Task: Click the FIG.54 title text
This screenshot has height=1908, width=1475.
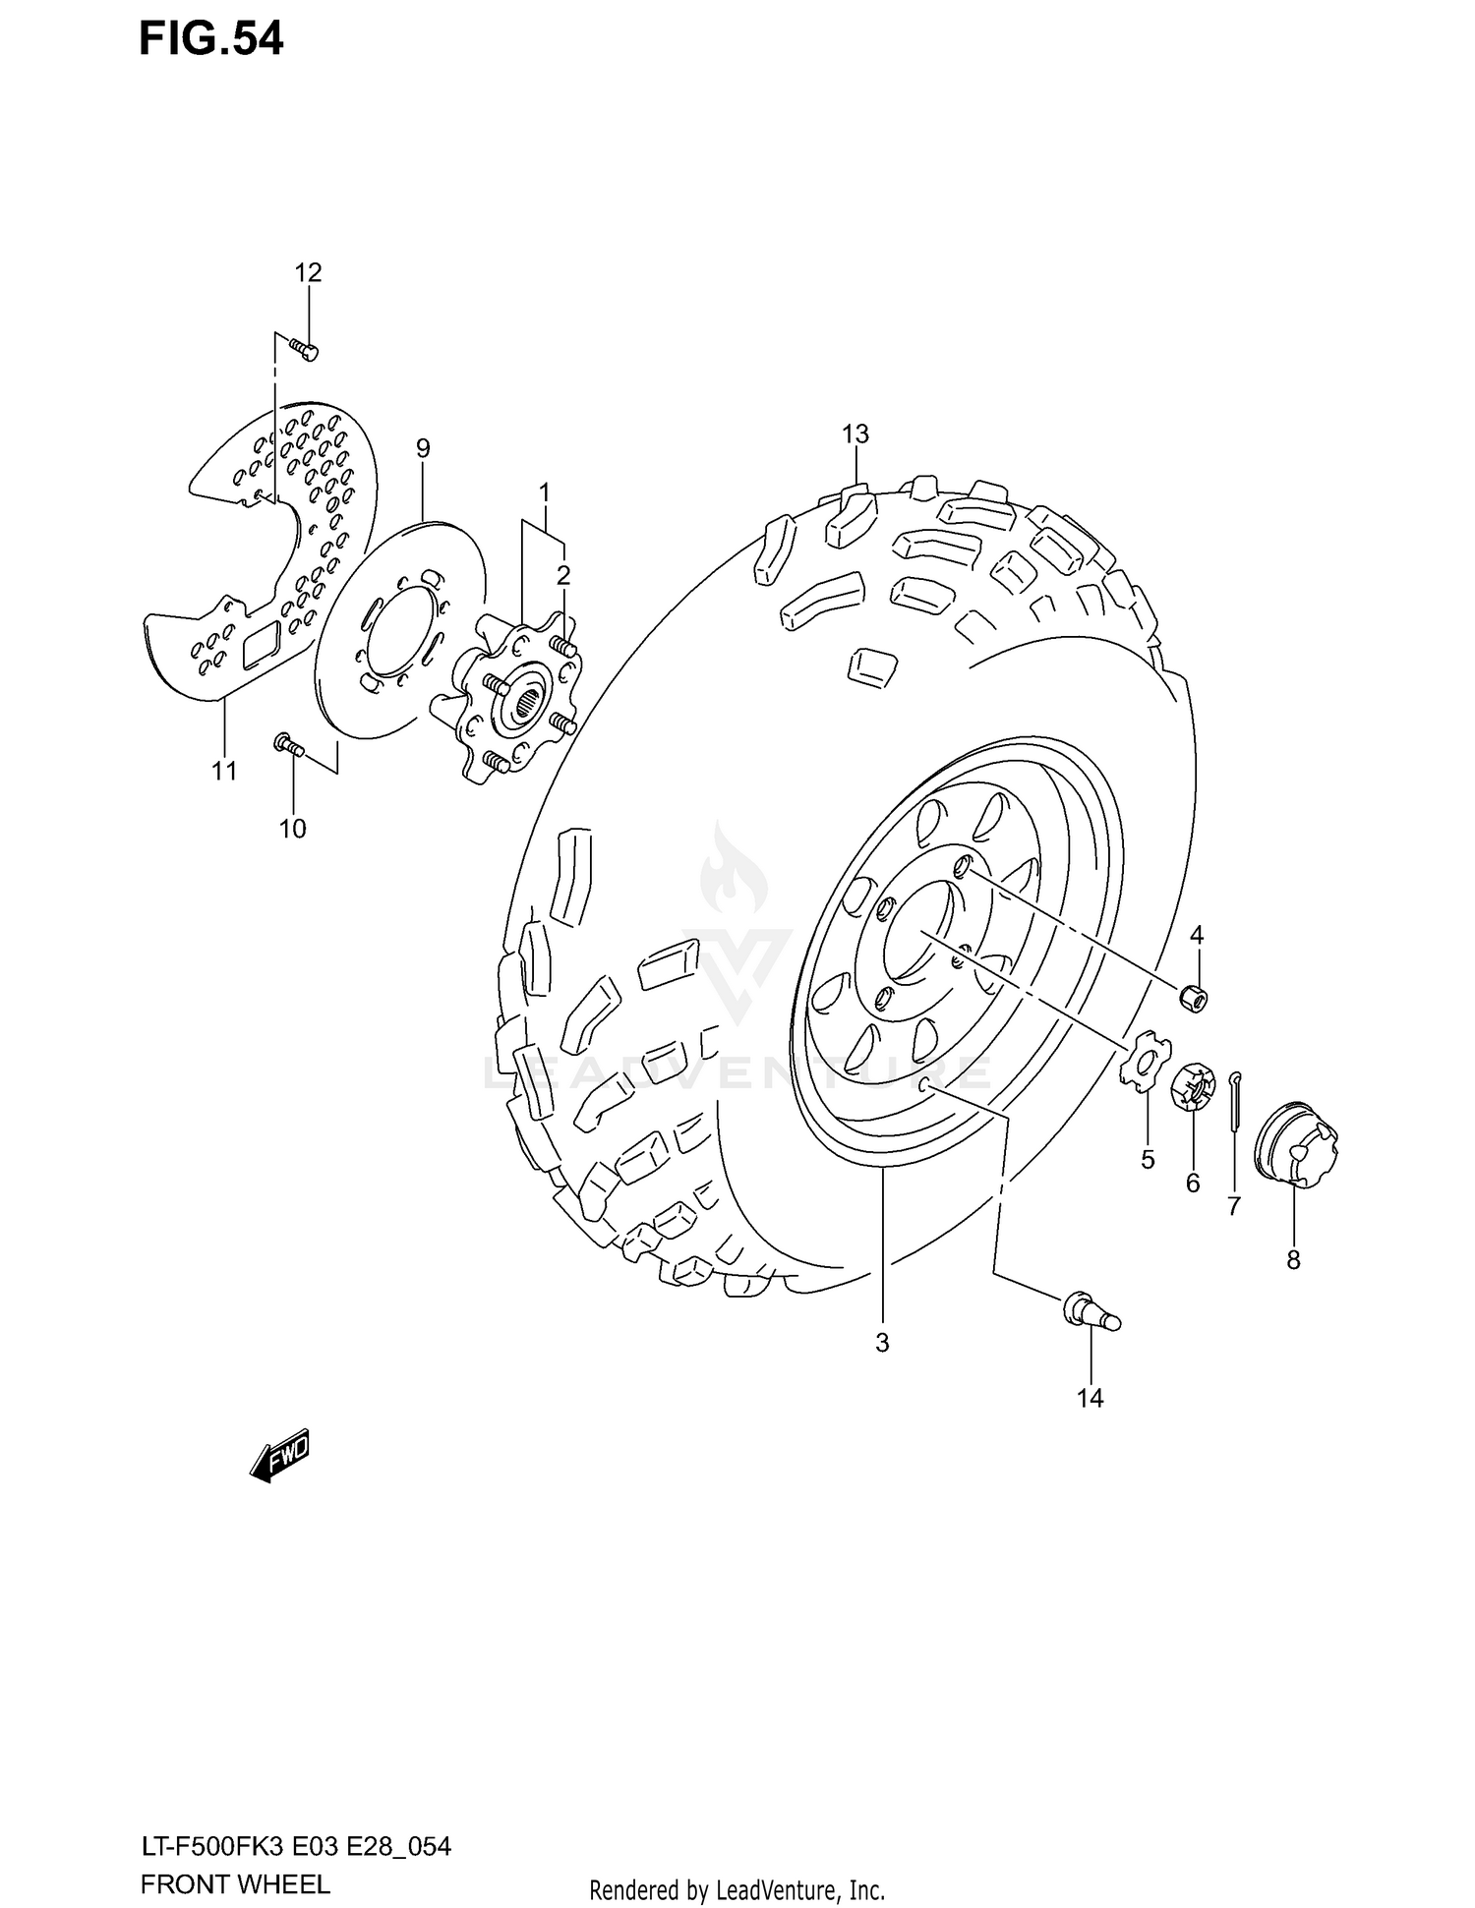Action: (x=210, y=39)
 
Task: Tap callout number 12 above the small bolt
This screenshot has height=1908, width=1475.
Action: (x=308, y=273)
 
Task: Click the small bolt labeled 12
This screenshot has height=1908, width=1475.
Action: (x=305, y=348)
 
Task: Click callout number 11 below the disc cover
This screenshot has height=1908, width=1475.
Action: (x=224, y=771)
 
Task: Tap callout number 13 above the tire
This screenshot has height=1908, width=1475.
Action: (x=855, y=434)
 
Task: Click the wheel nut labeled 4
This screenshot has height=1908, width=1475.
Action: (x=1194, y=998)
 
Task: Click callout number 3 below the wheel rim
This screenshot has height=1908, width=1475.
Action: (x=882, y=1343)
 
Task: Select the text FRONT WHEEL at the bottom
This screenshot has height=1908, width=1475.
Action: (x=235, y=1884)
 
